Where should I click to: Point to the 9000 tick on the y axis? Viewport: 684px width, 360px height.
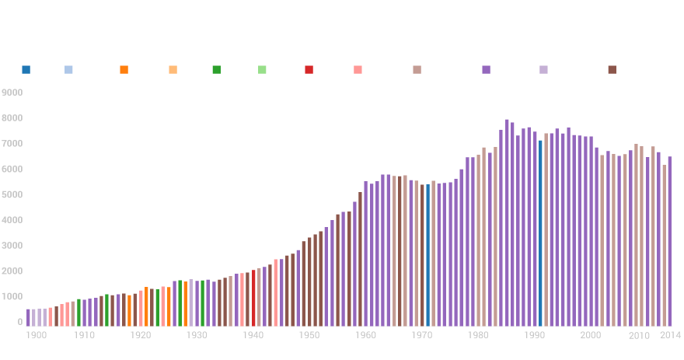pos(12,93)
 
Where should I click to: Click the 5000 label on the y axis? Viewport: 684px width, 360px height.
pos(12,194)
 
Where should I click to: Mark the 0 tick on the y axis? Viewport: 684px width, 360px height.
pos(20,321)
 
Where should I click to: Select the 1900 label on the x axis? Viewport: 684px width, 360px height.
pos(35,335)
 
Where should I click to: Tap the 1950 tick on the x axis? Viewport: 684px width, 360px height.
pos(309,335)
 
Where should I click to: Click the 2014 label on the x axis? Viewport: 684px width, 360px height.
pos(670,335)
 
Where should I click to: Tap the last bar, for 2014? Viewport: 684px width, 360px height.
pos(670,240)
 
